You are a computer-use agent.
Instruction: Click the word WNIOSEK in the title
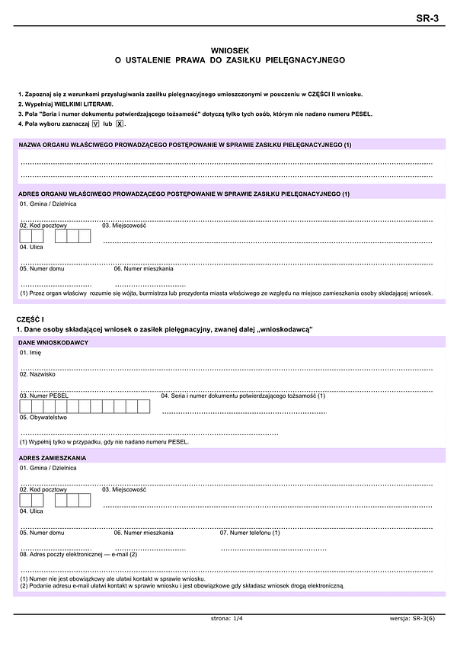[x=228, y=49]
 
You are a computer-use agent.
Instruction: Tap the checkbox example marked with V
[x=95, y=123]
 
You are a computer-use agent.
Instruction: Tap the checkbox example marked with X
[x=120, y=123]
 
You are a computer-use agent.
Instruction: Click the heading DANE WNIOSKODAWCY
[x=54, y=343]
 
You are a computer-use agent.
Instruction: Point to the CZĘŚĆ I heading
[x=30, y=318]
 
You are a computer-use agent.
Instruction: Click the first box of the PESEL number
[x=26, y=406]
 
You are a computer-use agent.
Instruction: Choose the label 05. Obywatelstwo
[x=44, y=417]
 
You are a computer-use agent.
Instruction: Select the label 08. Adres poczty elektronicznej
[x=78, y=554]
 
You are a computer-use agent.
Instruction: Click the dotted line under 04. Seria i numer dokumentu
[x=244, y=412]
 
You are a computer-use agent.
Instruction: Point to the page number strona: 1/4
[x=227, y=618]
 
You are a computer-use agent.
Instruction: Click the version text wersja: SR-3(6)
[x=411, y=618]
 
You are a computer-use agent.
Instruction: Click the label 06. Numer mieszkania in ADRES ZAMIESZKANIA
[x=144, y=532]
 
